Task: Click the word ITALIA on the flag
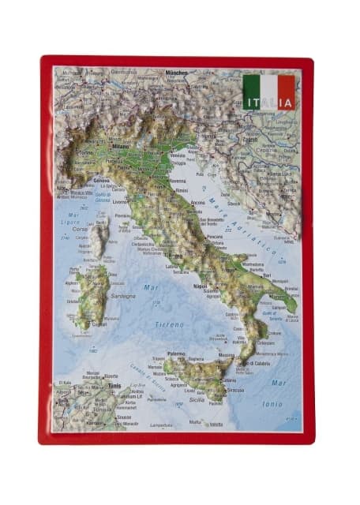[268, 103]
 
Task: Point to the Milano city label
[119, 147]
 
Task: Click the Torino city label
[84, 152]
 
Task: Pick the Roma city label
[175, 256]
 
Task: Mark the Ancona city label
[197, 203]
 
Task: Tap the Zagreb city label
[250, 140]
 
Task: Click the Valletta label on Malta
[216, 425]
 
